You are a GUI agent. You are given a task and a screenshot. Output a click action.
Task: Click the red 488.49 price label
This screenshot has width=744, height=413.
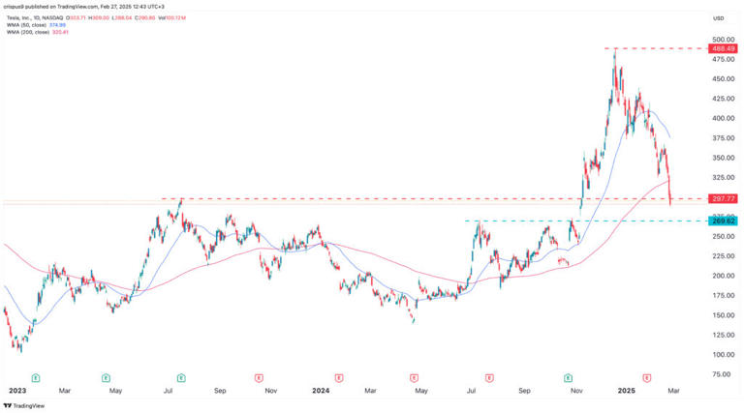[724, 48]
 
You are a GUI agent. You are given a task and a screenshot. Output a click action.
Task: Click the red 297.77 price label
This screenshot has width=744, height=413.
[724, 198]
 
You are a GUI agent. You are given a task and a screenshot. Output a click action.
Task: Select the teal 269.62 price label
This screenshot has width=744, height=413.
[724, 221]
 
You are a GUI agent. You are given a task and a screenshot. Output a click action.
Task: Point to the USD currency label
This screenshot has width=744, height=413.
[718, 18]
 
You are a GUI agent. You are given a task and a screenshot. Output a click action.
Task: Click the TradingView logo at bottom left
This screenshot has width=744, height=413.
[26, 405]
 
